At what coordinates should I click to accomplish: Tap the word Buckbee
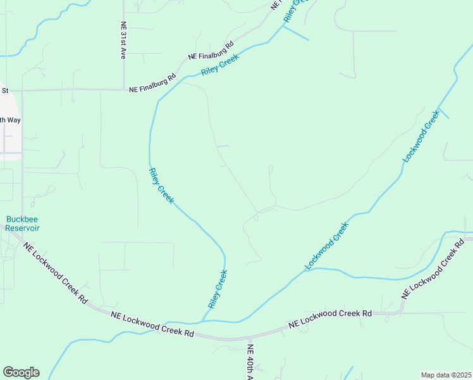tap(23, 220)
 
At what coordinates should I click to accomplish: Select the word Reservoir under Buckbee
tap(23, 228)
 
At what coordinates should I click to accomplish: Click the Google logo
tap(21, 372)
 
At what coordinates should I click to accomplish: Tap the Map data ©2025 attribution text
tap(446, 375)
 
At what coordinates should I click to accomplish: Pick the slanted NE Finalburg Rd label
tap(211, 51)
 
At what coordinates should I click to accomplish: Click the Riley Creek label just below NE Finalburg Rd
tap(220, 63)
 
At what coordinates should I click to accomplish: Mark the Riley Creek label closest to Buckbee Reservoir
tap(161, 186)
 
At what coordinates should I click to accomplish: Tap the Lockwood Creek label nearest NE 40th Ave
tap(327, 246)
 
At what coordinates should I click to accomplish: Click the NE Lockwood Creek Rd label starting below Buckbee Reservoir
tap(55, 273)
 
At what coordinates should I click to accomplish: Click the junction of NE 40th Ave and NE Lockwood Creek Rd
tap(250, 337)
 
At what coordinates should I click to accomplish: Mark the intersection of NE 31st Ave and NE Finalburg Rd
tap(124, 89)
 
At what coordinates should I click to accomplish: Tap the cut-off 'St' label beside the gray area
tap(4, 91)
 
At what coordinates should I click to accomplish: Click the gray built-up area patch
tap(10, 136)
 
